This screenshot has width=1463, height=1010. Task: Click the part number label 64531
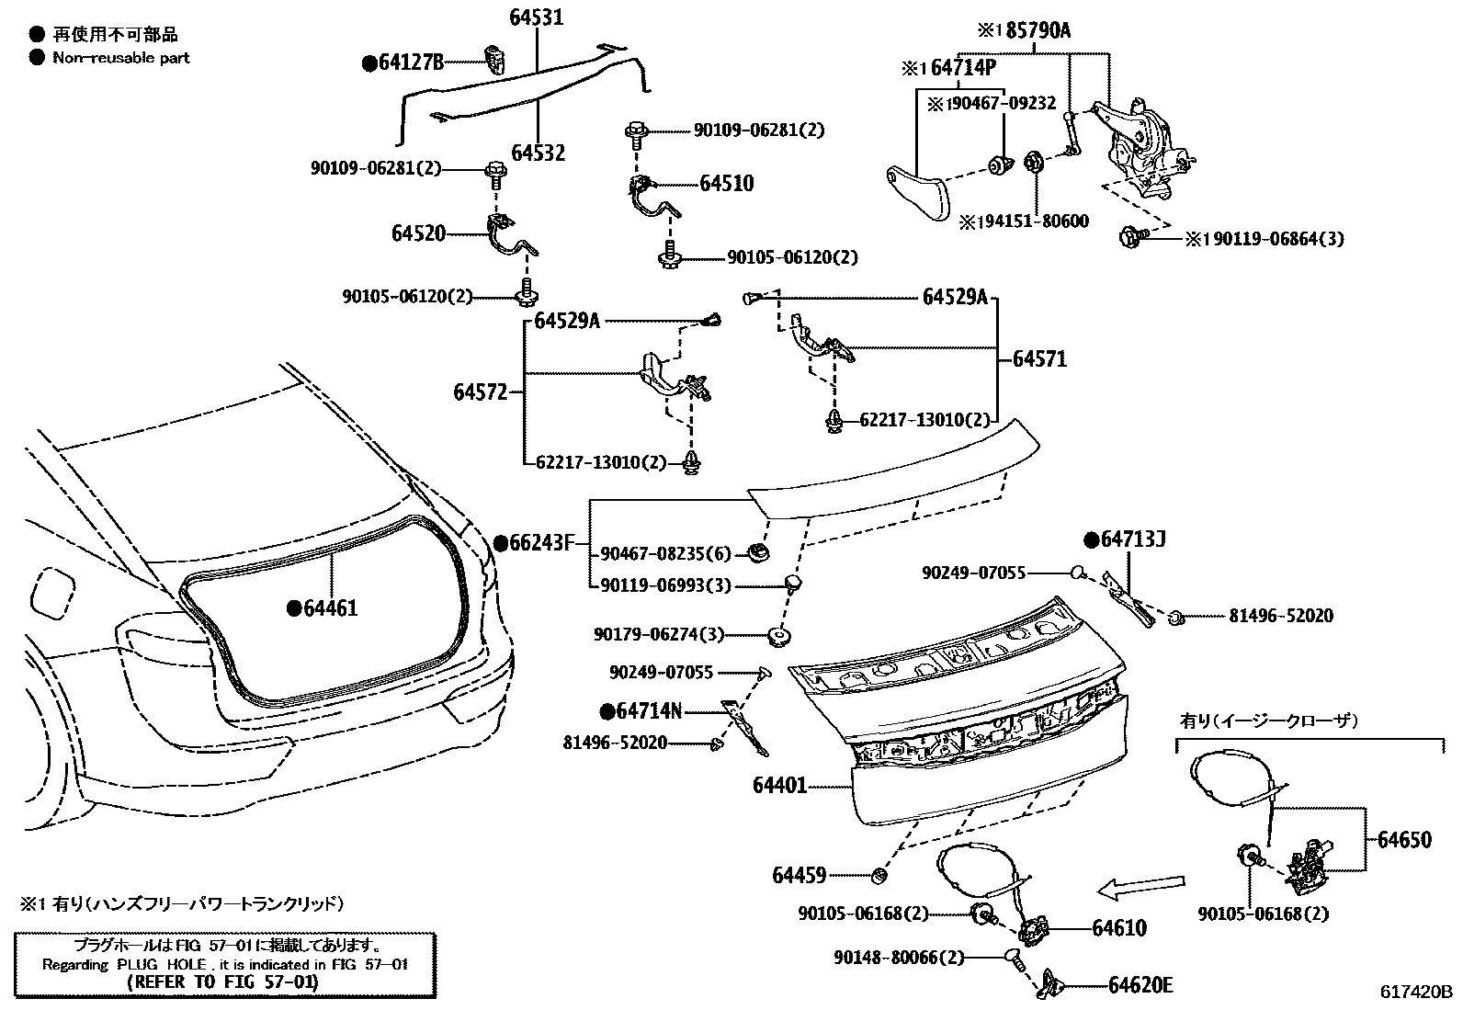tap(537, 18)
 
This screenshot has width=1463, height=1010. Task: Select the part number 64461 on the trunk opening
tap(329, 608)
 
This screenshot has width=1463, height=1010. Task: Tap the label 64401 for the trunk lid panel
tap(779, 786)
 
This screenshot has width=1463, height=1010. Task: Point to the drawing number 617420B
tap(1416, 992)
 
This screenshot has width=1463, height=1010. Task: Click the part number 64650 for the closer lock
tap(1403, 840)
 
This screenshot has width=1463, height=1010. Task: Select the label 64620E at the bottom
tap(1140, 985)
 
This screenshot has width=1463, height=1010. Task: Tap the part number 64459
tap(799, 875)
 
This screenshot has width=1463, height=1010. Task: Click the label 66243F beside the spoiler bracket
tap(540, 543)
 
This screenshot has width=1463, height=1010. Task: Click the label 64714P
tap(962, 68)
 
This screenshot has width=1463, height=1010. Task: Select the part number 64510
tap(726, 184)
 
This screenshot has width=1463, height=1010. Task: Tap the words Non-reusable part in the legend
tap(120, 57)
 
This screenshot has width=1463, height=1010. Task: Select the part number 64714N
tap(649, 710)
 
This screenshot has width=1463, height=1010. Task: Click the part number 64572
tap(480, 392)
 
